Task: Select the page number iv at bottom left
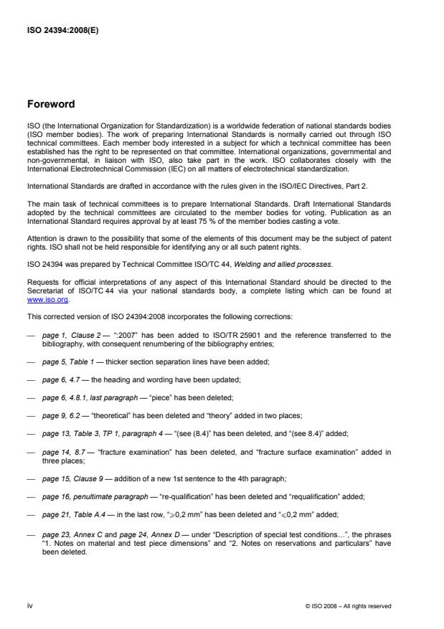[29, 605]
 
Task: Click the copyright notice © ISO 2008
[347, 606]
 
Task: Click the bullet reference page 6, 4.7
[64, 378]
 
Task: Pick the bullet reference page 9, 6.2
[64, 410]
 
